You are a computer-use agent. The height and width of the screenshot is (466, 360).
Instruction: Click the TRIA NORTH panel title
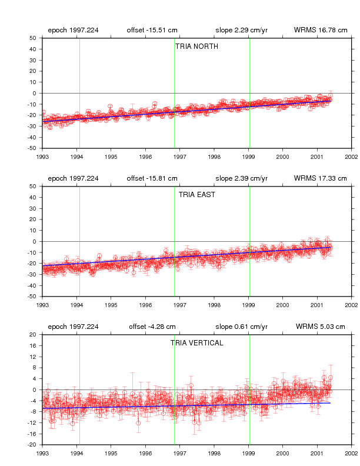tap(196, 46)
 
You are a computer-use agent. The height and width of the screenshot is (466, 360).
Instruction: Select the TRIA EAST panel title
tap(196, 195)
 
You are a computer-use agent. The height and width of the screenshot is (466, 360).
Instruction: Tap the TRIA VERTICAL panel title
tap(196, 343)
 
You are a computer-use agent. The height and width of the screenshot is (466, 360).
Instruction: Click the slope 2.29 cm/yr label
tap(242, 30)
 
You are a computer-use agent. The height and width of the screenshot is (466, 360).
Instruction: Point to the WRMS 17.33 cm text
tap(321, 178)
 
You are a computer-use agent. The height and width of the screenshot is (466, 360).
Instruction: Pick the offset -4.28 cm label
tap(152, 327)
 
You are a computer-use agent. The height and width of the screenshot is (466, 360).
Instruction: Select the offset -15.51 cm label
tap(152, 30)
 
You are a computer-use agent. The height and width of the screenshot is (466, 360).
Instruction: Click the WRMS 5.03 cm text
tap(321, 327)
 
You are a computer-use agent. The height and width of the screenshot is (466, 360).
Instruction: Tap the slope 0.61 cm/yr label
tap(242, 327)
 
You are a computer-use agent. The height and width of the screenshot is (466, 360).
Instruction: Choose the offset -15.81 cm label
tap(152, 178)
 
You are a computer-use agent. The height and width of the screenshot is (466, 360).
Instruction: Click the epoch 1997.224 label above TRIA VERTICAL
tap(73, 327)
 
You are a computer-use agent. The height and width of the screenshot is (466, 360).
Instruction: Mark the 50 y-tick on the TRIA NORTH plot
tap(33, 38)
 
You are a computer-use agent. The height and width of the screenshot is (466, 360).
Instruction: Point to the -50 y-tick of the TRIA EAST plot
tap(32, 297)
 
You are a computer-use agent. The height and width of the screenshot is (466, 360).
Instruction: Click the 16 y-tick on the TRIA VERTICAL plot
tap(34, 345)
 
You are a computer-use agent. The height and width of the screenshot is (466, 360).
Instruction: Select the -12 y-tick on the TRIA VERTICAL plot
tap(32, 423)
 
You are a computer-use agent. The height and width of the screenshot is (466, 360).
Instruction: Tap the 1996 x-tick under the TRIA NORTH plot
tap(145, 157)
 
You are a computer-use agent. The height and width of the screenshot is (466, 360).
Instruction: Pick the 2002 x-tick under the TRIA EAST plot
tap(351, 305)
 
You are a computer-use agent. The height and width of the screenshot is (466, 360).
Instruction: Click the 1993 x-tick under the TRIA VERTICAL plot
tap(42, 453)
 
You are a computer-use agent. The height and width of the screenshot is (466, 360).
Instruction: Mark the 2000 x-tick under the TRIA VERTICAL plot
tap(283, 453)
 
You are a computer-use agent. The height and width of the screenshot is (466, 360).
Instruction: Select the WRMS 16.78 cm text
tap(321, 30)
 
